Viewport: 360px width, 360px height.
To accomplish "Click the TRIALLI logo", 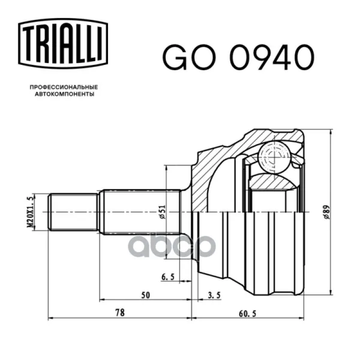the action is [63, 43].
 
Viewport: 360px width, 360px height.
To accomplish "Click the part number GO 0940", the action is [238, 57].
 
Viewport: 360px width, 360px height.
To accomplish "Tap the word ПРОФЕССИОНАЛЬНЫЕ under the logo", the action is [64, 87].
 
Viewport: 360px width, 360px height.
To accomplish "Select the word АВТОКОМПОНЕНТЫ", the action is [65, 94].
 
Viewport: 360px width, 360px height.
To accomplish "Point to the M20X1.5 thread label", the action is [31, 212].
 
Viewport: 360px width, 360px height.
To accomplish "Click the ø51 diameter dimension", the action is [163, 212].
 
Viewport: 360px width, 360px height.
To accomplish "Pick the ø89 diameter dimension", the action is [326, 212].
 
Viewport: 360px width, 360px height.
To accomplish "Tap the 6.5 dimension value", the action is [168, 277].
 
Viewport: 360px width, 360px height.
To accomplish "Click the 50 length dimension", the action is [146, 295].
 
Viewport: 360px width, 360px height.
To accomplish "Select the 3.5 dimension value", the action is [214, 295].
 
